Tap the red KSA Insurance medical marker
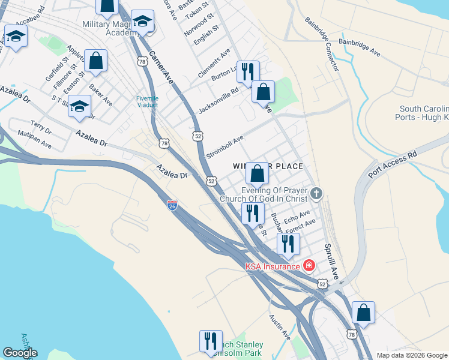click(309, 265)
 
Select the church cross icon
click(316, 194)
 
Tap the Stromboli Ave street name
click(225, 147)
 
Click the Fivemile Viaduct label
click(146, 101)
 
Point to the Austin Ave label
click(280, 325)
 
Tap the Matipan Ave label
click(34, 140)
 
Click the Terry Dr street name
click(41, 127)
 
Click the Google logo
click(20, 353)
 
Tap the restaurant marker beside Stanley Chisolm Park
click(211, 341)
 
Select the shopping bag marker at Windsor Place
click(257, 173)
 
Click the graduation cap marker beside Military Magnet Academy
click(143, 22)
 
